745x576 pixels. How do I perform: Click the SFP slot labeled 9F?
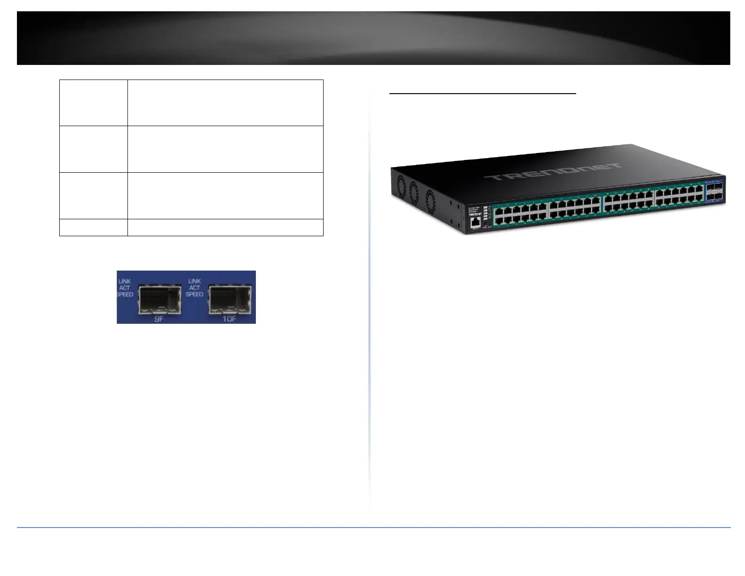(x=160, y=298)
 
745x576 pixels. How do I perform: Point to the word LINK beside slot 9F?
(x=125, y=281)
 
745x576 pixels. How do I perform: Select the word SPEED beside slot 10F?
(x=194, y=294)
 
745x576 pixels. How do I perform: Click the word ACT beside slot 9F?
(x=125, y=288)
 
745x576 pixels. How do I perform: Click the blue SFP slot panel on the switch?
(x=713, y=191)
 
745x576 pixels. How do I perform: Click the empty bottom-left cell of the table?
(x=94, y=227)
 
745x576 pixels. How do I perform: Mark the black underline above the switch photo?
(x=483, y=94)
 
